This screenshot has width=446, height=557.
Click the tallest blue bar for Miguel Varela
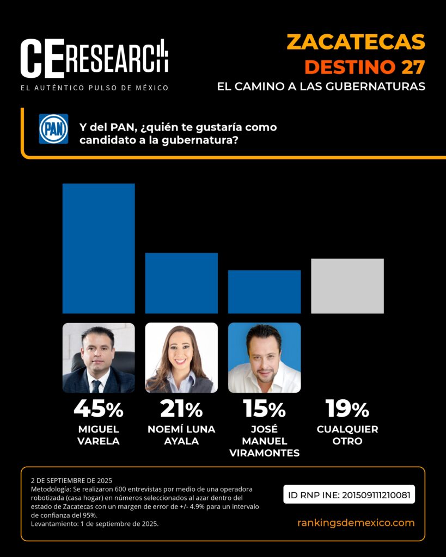[x=99, y=248]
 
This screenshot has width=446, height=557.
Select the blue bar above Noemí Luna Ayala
[x=181, y=283]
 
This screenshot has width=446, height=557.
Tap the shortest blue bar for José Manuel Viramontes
[x=264, y=292]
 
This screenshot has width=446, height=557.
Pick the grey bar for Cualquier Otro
[x=347, y=286]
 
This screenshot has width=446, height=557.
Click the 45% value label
[x=99, y=409]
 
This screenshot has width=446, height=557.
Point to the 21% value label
[x=181, y=409]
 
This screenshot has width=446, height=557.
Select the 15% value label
[x=264, y=409]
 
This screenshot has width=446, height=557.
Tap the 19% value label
[x=347, y=409]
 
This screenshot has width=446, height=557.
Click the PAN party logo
[x=53, y=129]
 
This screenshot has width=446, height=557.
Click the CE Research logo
[x=94, y=58]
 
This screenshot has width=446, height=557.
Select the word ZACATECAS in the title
[x=356, y=42]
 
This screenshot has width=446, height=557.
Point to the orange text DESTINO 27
[x=364, y=67]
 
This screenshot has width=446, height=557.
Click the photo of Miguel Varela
[x=99, y=357]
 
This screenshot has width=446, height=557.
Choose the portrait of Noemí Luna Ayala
[x=181, y=357]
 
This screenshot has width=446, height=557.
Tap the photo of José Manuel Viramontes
[x=264, y=357]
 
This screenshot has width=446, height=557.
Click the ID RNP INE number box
[x=349, y=494]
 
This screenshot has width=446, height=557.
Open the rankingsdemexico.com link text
[x=356, y=523]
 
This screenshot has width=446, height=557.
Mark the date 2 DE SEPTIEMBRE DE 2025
[x=71, y=480]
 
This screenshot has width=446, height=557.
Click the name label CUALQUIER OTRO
[x=347, y=435]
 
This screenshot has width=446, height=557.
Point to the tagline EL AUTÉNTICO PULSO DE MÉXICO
[x=94, y=88]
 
